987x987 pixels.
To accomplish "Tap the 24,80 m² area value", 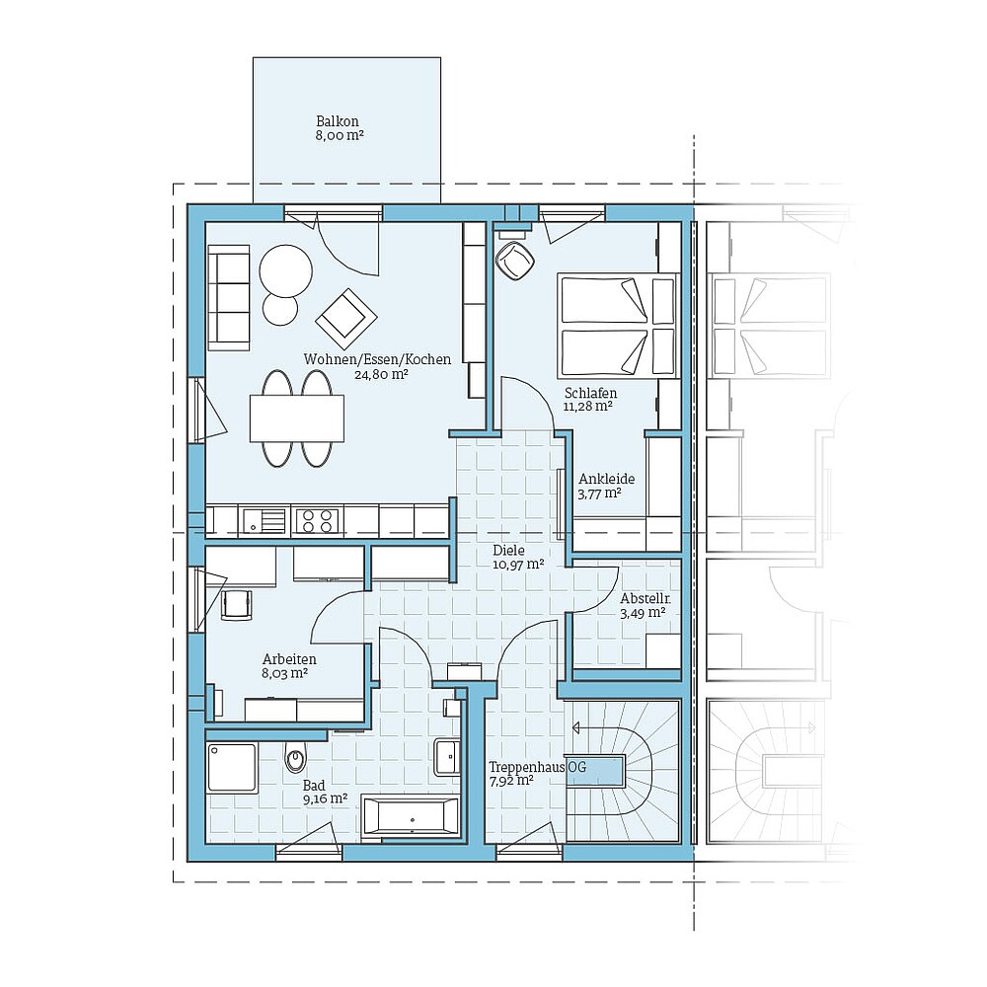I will [381, 374].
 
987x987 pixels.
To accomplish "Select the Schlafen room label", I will [591, 392].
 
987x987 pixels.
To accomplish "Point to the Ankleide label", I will [607, 479].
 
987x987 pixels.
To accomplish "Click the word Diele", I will [508, 551].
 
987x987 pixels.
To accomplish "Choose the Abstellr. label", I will [645, 599].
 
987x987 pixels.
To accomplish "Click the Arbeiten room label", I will [288, 659].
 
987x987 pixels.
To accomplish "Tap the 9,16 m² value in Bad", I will [325, 797].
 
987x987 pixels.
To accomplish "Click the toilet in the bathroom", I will [294, 759].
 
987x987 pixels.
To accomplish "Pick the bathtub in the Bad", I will [411, 816].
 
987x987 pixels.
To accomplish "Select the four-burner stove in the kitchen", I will [318, 519].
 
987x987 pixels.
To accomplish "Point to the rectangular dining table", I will [297, 418].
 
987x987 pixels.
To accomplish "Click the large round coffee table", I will [285, 268].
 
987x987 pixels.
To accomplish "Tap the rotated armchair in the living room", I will [346, 317].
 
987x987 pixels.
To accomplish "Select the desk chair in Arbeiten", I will [237, 602].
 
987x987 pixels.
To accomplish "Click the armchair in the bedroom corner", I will [514, 262].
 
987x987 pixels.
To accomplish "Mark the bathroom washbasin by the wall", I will [446, 757].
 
